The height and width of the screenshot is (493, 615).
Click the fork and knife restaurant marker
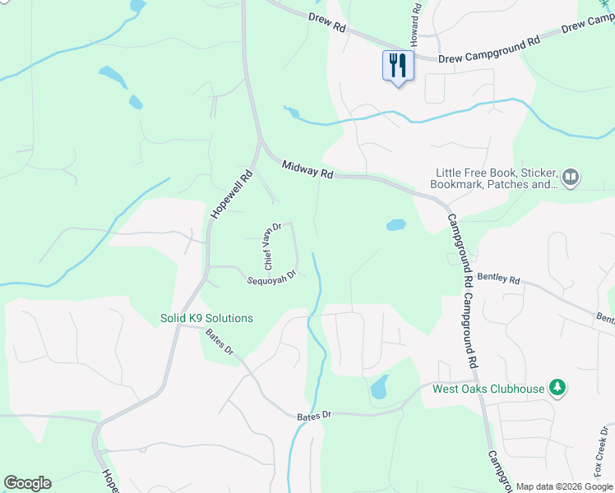point(398,65)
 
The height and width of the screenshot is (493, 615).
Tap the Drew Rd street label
point(327,21)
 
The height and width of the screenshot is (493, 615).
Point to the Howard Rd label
point(416,24)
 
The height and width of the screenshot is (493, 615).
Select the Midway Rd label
point(307,169)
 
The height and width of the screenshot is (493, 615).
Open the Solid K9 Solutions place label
point(206,318)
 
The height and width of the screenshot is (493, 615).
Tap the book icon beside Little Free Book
point(571,176)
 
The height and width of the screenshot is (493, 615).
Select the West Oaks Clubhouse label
point(488,389)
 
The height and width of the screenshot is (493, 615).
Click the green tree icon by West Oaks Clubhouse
point(557,387)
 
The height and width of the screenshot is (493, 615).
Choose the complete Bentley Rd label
point(498,279)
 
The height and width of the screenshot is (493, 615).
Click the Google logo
point(27,483)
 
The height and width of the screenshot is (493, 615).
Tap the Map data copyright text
point(563,486)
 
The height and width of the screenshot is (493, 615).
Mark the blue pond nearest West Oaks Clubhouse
point(379,385)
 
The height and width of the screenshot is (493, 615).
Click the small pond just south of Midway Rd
point(395,224)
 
